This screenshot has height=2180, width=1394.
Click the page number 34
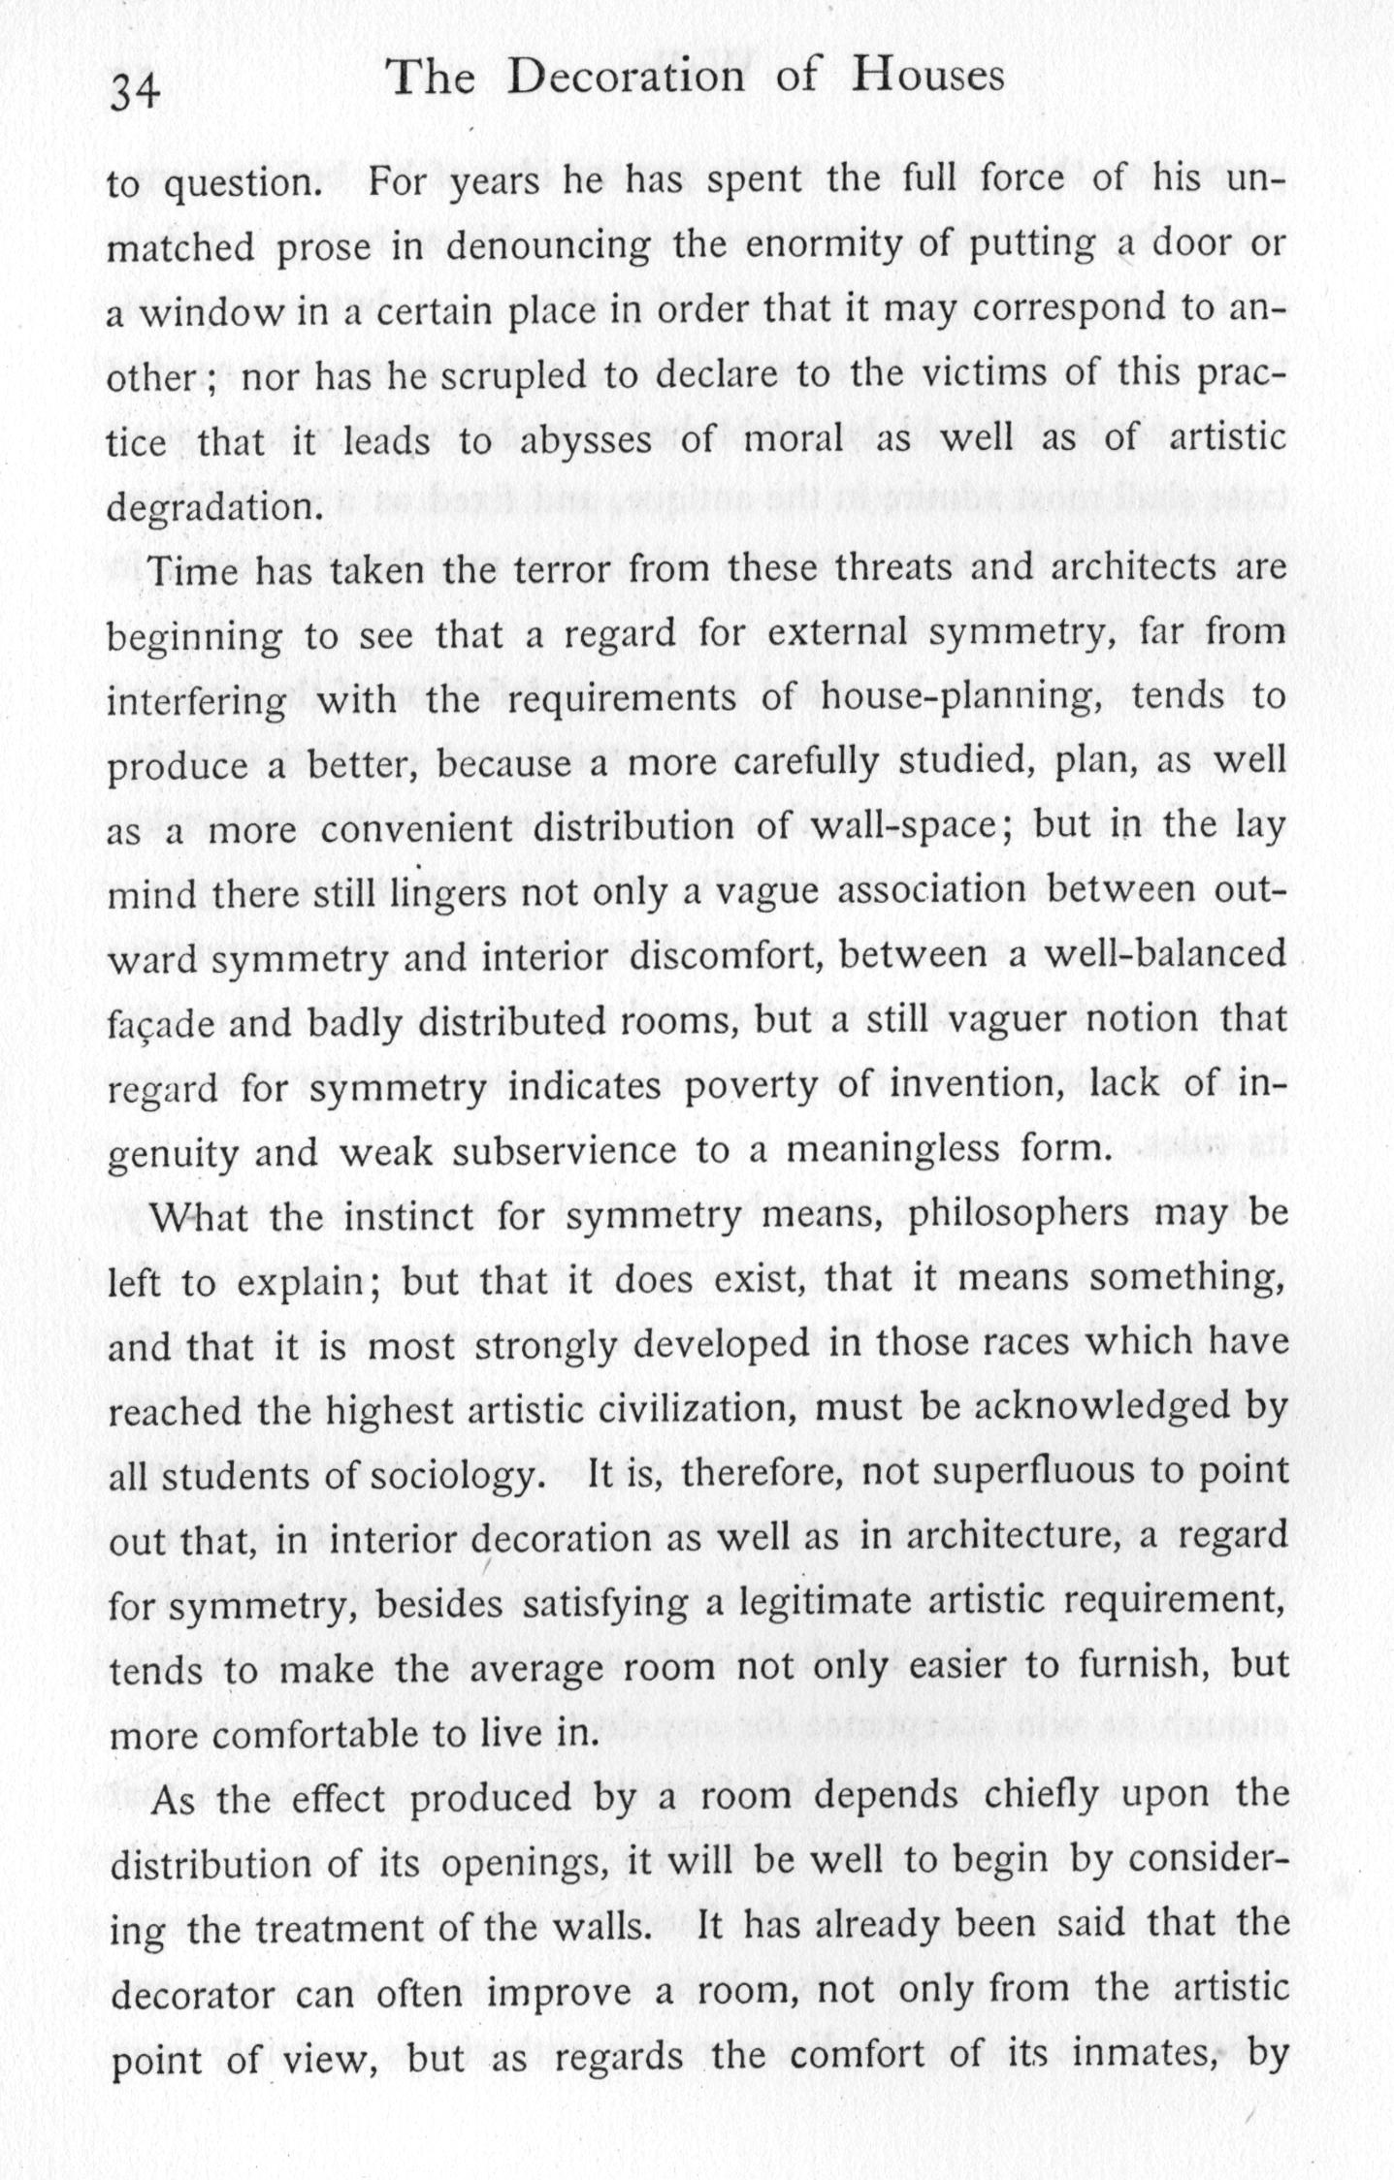click(136, 93)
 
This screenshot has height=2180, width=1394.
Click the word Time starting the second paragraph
click(192, 571)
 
